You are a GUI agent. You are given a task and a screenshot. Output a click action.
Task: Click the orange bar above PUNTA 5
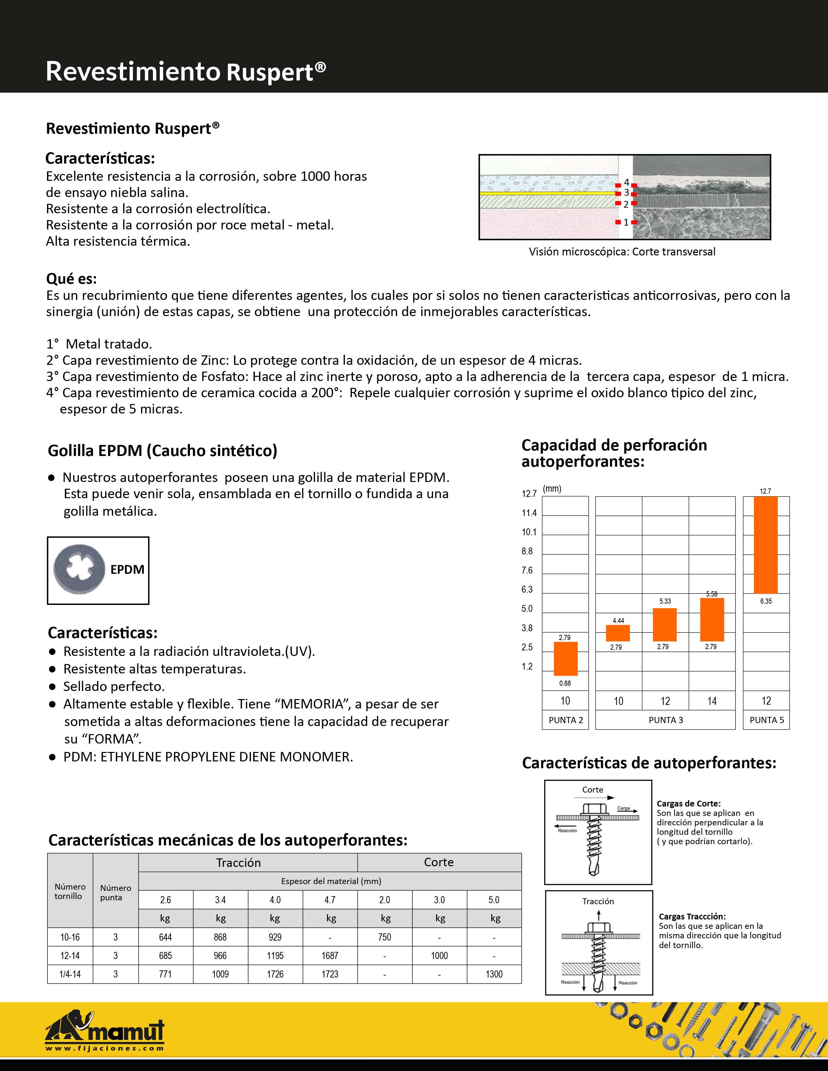[765, 545]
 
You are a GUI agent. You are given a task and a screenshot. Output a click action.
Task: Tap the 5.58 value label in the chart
[711, 594]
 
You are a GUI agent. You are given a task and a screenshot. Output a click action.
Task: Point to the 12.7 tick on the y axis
[529, 494]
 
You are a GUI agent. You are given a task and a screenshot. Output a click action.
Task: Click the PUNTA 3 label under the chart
[666, 720]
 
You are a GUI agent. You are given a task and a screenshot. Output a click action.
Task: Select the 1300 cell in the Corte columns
[494, 974]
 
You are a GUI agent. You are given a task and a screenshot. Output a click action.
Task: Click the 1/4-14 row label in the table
[70, 974]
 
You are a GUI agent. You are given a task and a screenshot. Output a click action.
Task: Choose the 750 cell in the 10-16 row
[384, 937]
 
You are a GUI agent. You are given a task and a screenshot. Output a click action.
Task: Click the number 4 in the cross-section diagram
[626, 182]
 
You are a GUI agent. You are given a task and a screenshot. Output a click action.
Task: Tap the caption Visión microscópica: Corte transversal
[622, 252]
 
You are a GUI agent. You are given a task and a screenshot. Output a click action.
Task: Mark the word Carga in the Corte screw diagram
[623, 808]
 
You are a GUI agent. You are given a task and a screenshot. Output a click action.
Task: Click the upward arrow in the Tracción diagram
[598, 915]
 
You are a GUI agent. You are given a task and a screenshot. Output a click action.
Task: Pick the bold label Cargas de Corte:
[688, 803]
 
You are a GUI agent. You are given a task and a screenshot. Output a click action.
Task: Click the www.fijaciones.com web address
[105, 1048]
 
